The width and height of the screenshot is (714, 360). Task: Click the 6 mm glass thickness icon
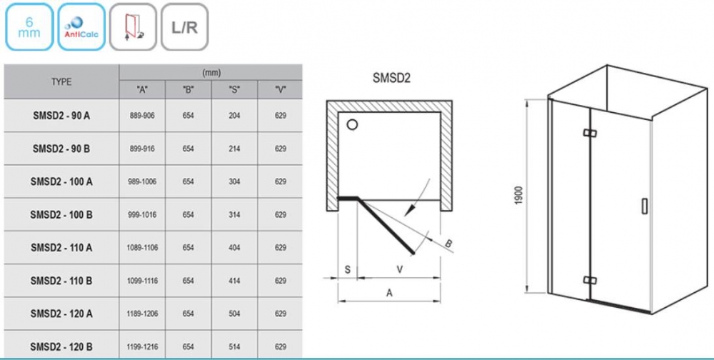point(28,27)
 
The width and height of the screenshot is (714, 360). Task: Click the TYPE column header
point(61,82)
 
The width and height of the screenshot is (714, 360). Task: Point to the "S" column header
point(234,91)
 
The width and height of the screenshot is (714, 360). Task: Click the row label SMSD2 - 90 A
point(61,116)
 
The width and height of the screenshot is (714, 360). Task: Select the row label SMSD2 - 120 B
point(61,347)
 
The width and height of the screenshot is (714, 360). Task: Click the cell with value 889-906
point(142,116)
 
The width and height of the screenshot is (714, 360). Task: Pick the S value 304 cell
point(234,181)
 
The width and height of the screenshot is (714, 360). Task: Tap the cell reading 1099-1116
point(142,281)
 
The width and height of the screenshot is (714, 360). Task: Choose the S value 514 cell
point(234,347)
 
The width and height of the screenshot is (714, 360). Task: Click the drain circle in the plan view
point(352,126)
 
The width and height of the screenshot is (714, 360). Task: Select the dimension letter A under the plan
point(388,291)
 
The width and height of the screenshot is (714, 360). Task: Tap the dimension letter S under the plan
point(346,269)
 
